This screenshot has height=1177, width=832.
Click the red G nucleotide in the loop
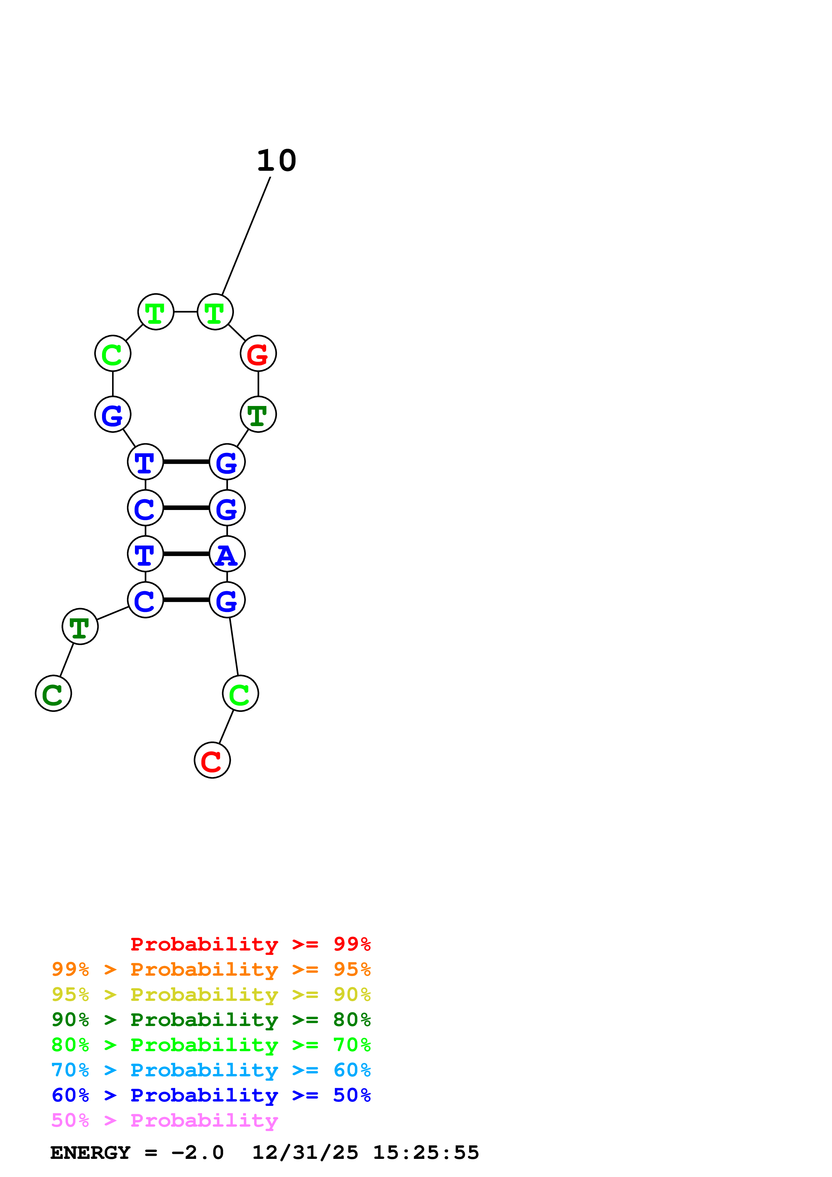click(x=258, y=353)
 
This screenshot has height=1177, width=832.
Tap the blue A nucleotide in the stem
click(x=227, y=554)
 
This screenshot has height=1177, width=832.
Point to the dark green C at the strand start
click(x=53, y=693)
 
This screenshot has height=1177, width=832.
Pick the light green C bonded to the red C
click(x=240, y=693)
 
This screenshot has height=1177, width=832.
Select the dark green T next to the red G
click(x=258, y=414)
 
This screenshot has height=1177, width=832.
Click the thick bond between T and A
click(x=186, y=554)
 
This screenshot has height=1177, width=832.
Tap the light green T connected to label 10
click(x=215, y=312)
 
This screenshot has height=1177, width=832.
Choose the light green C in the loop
click(x=113, y=353)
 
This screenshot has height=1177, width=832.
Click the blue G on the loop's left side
click(x=113, y=414)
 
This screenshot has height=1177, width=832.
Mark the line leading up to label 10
click(x=246, y=236)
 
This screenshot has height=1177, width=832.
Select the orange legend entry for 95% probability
click(x=211, y=969)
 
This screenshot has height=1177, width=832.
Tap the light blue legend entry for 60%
click(x=211, y=1070)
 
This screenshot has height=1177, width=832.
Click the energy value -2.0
click(x=197, y=1153)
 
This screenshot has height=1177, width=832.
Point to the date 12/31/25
click(x=305, y=1153)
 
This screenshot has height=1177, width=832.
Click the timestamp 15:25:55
click(x=426, y=1153)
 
